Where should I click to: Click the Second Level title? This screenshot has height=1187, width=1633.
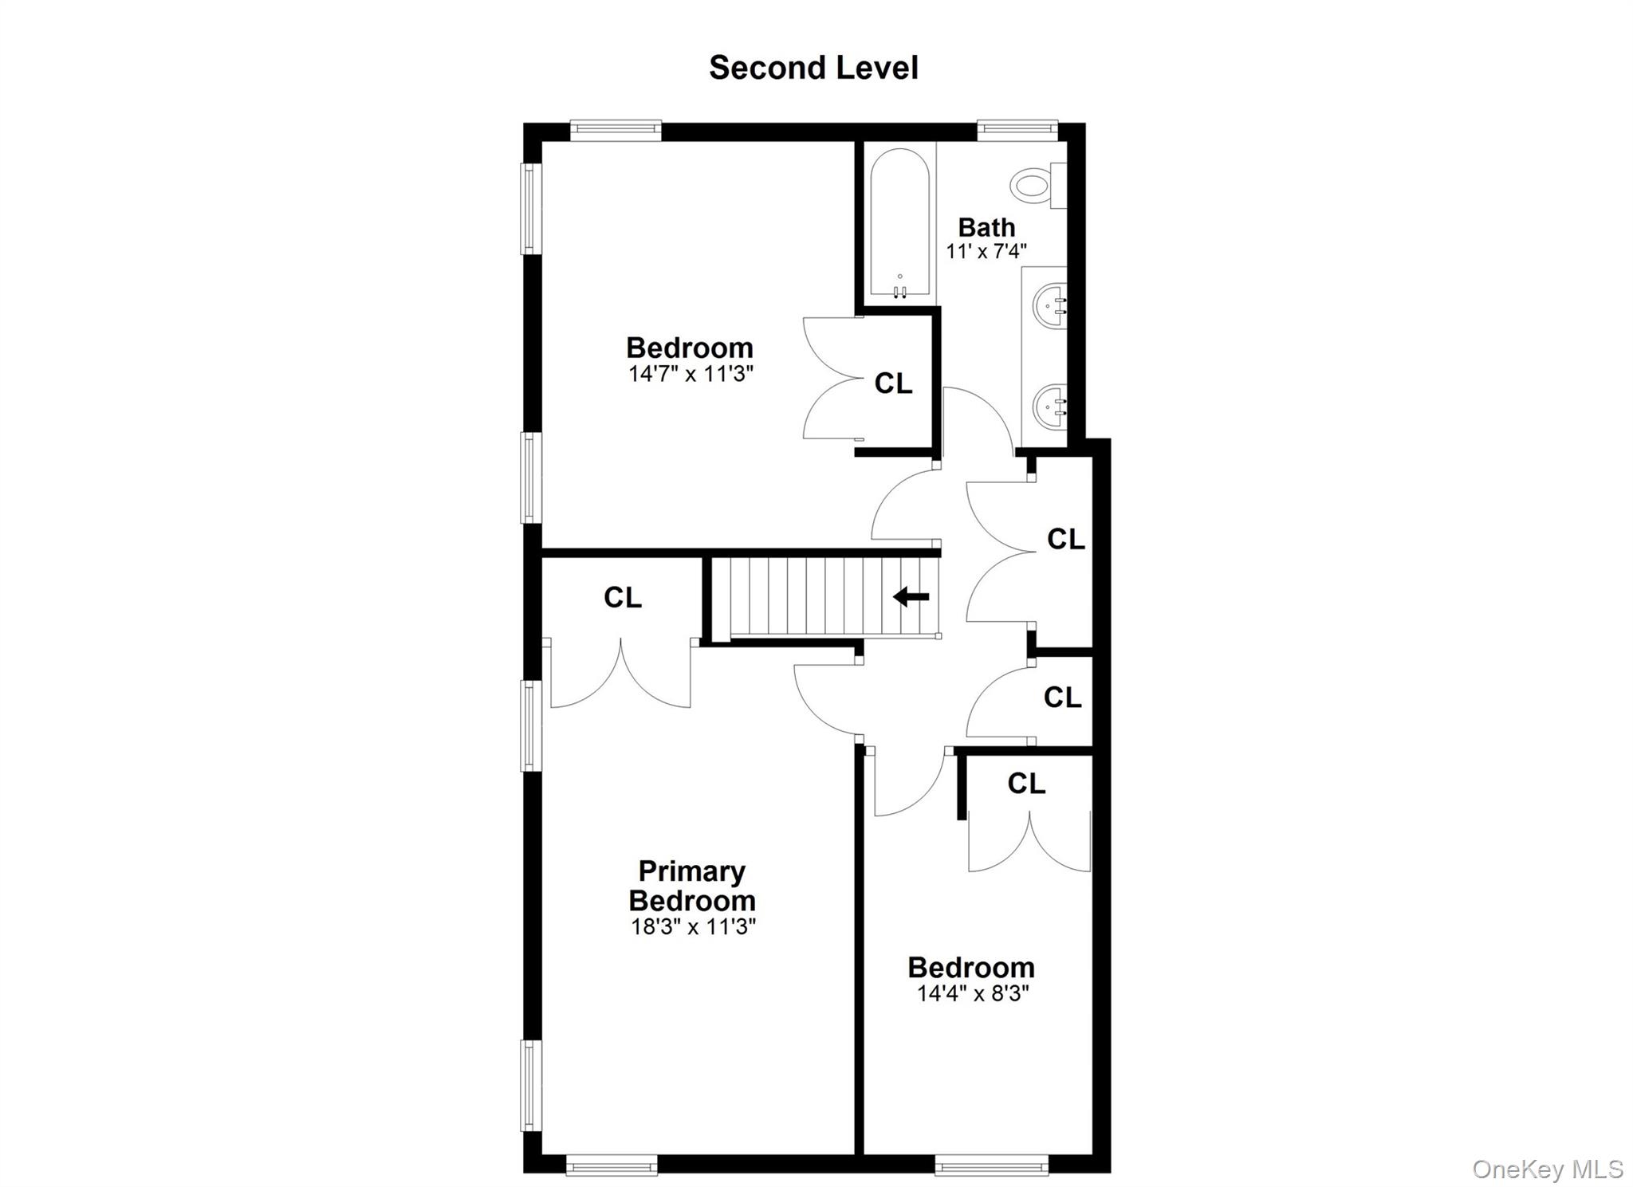[x=813, y=68]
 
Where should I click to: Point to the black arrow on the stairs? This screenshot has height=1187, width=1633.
[x=911, y=596]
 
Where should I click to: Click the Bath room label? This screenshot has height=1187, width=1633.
[x=986, y=227]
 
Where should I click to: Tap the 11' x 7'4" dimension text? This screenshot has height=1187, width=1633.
[x=986, y=251]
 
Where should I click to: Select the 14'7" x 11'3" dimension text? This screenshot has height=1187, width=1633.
[x=691, y=373]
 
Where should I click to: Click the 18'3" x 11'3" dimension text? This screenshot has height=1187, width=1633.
[x=692, y=926]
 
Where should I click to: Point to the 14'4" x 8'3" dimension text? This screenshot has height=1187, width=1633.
[x=972, y=993]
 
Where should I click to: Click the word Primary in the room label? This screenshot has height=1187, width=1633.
[x=691, y=871]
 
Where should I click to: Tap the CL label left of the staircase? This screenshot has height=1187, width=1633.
[x=623, y=597]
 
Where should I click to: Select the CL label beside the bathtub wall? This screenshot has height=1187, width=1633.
[x=893, y=383]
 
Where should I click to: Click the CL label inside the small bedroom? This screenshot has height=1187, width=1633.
[x=1026, y=784]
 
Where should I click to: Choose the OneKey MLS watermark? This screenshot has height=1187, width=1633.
[x=1547, y=1169]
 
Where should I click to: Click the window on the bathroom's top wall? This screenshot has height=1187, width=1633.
[x=1017, y=130]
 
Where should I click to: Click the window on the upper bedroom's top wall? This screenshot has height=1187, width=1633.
[x=616, y=130]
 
